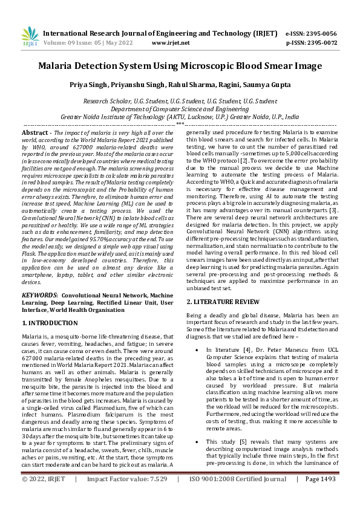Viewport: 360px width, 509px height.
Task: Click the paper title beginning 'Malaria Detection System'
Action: (180, 67)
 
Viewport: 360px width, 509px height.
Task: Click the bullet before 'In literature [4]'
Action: (192, 350)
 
